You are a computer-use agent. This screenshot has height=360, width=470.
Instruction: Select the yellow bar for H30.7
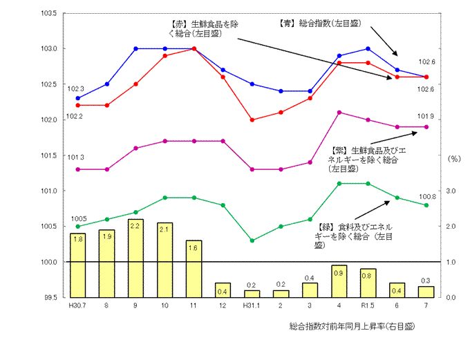pos(78,265)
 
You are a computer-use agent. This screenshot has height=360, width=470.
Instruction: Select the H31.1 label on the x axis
pos(252,305)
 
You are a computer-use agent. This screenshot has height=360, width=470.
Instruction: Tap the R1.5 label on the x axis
pos(367,305)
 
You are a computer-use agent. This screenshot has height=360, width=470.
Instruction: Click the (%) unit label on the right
pos(454,158)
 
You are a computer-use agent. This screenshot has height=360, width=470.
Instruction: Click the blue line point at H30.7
pos(78,98)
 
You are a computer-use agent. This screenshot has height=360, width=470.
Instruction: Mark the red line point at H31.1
pos(252,120)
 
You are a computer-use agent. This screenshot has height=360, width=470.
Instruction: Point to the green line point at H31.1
pos(252,240)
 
